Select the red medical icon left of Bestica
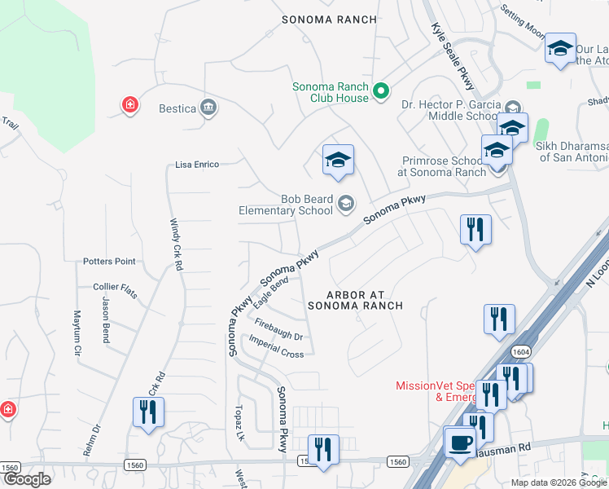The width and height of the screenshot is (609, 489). [x=129, y=104]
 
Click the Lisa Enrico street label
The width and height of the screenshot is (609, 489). [x=197, y=165]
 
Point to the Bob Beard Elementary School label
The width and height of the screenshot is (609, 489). [x=285, y=205]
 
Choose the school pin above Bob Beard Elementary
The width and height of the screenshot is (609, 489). [x=338, y=160]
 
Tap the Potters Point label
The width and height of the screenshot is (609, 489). [x=109, y=262]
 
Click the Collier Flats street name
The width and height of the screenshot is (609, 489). [x=116, y=288]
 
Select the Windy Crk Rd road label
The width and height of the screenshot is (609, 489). [x=176, y=245]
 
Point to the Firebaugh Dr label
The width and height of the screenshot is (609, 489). [x=278, y=330]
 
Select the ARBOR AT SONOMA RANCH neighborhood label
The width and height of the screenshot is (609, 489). [x=355, y=299]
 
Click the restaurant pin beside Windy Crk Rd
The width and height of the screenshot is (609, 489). [x=148, y=411]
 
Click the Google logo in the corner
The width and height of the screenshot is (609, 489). [x=26, y=480]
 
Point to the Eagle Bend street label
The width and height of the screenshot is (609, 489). [x=271, y=291]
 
